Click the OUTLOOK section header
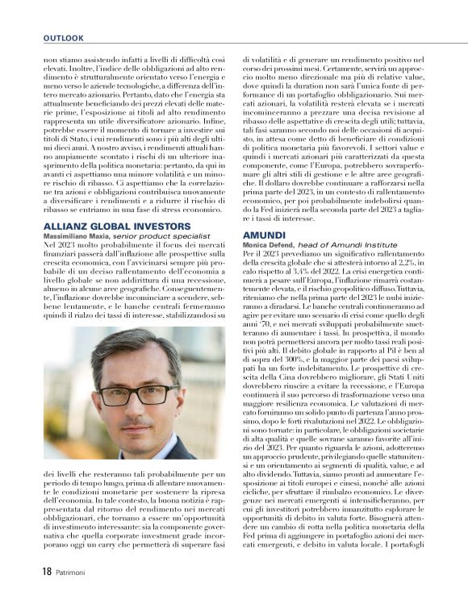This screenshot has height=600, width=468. (64, 38)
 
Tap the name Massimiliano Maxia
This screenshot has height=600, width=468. (77, 237)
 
